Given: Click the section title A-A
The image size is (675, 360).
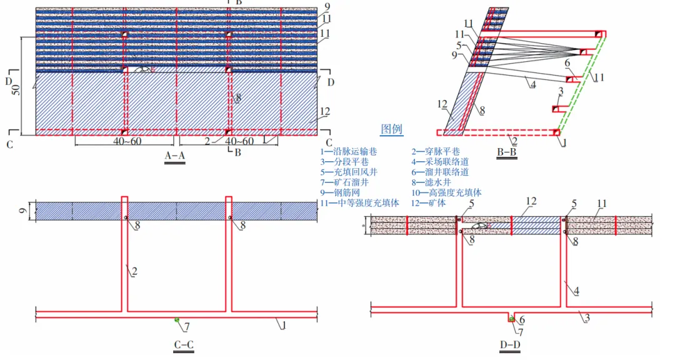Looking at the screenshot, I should [x=175, y=156].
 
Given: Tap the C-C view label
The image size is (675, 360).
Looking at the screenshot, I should [x=184, y=344].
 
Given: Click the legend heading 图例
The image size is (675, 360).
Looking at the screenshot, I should [x=392, y=130].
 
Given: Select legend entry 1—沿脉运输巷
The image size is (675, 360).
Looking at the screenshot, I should [x=349, y=151].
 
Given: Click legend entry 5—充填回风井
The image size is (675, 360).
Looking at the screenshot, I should [x=349, y=172].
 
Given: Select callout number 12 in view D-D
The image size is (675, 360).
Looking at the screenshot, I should [x=531, y=201].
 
